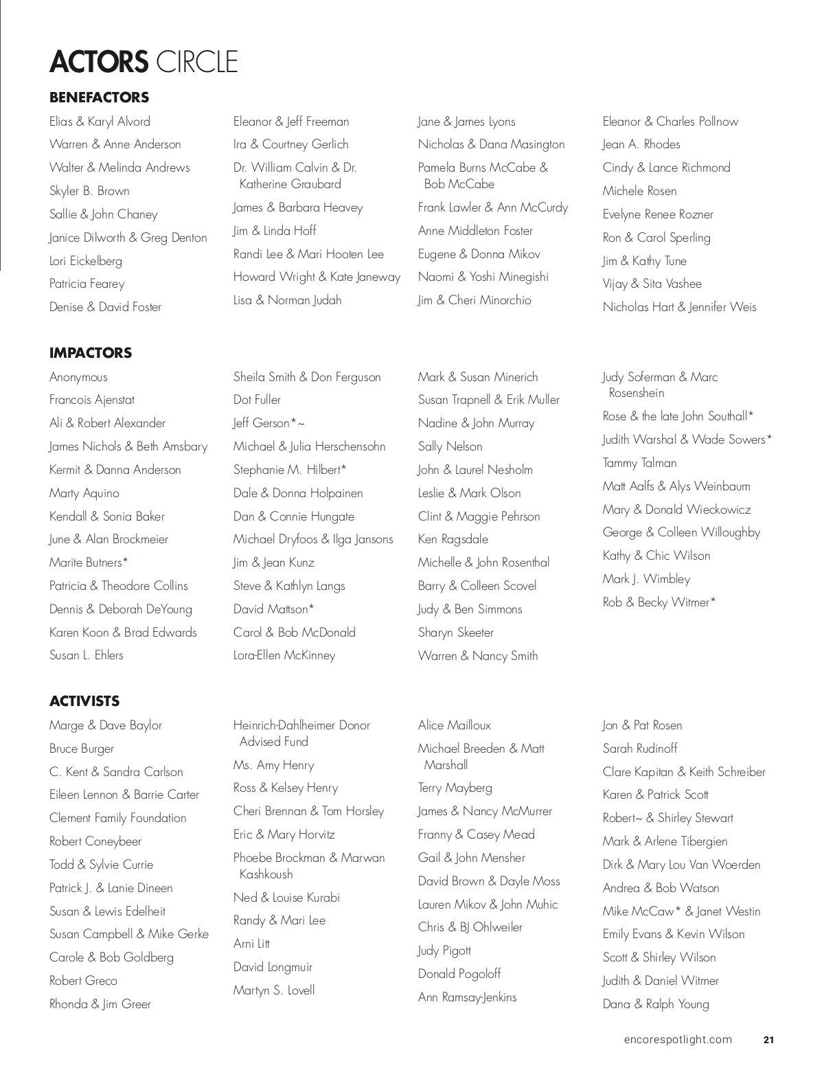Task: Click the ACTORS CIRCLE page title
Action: coord(144,62)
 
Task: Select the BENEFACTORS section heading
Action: coord(99,98)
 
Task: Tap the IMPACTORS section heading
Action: coord(91,353)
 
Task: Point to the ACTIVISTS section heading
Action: coord(84,701)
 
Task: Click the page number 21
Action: coord(768,1040)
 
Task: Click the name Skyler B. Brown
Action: coord(89,191)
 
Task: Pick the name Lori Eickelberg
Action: coord(86,261)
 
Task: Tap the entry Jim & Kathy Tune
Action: coord(644,261)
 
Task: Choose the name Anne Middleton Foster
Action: coord(475,231)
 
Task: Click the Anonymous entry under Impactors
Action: coord(78,377)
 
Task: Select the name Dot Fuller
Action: coord(257,400)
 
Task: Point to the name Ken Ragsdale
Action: coord(453,539)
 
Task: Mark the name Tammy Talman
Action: coord(639,463)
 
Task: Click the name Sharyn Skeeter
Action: coord(456,633)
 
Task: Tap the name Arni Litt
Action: coord(251,944)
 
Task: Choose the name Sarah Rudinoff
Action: coord(640,749)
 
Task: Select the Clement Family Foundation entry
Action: coord(118,818)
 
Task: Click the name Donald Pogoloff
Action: coord(459,974)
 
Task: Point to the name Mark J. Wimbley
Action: coord(646,579)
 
